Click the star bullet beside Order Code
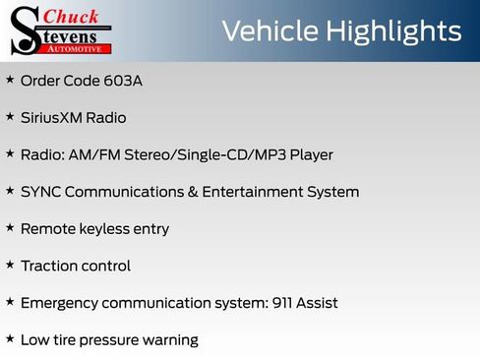10,79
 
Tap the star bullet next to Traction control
10,265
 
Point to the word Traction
48,266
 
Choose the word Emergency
65,303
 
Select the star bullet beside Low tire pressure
10,339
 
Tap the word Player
306,154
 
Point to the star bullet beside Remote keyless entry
10,227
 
